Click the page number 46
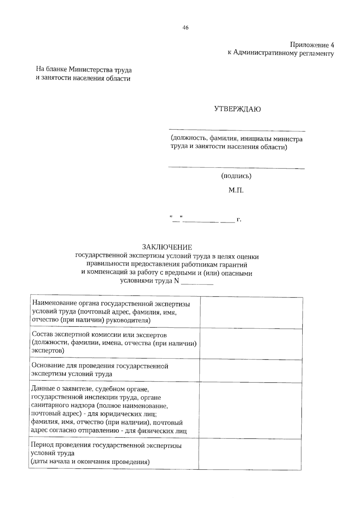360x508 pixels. (185, 28)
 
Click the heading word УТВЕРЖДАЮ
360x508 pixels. (237, 109)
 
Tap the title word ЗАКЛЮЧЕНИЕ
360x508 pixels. (167, 247)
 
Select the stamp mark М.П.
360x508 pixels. (236, 190)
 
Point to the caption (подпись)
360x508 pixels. (236, 176)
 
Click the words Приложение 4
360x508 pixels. (312, 45)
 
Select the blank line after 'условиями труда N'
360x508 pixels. (197, 283)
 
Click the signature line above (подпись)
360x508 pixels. (236, 168)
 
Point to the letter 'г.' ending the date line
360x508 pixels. (239, 220)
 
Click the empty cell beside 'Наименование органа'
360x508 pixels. (251, 312)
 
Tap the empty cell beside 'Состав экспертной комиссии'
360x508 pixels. (251, 343)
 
